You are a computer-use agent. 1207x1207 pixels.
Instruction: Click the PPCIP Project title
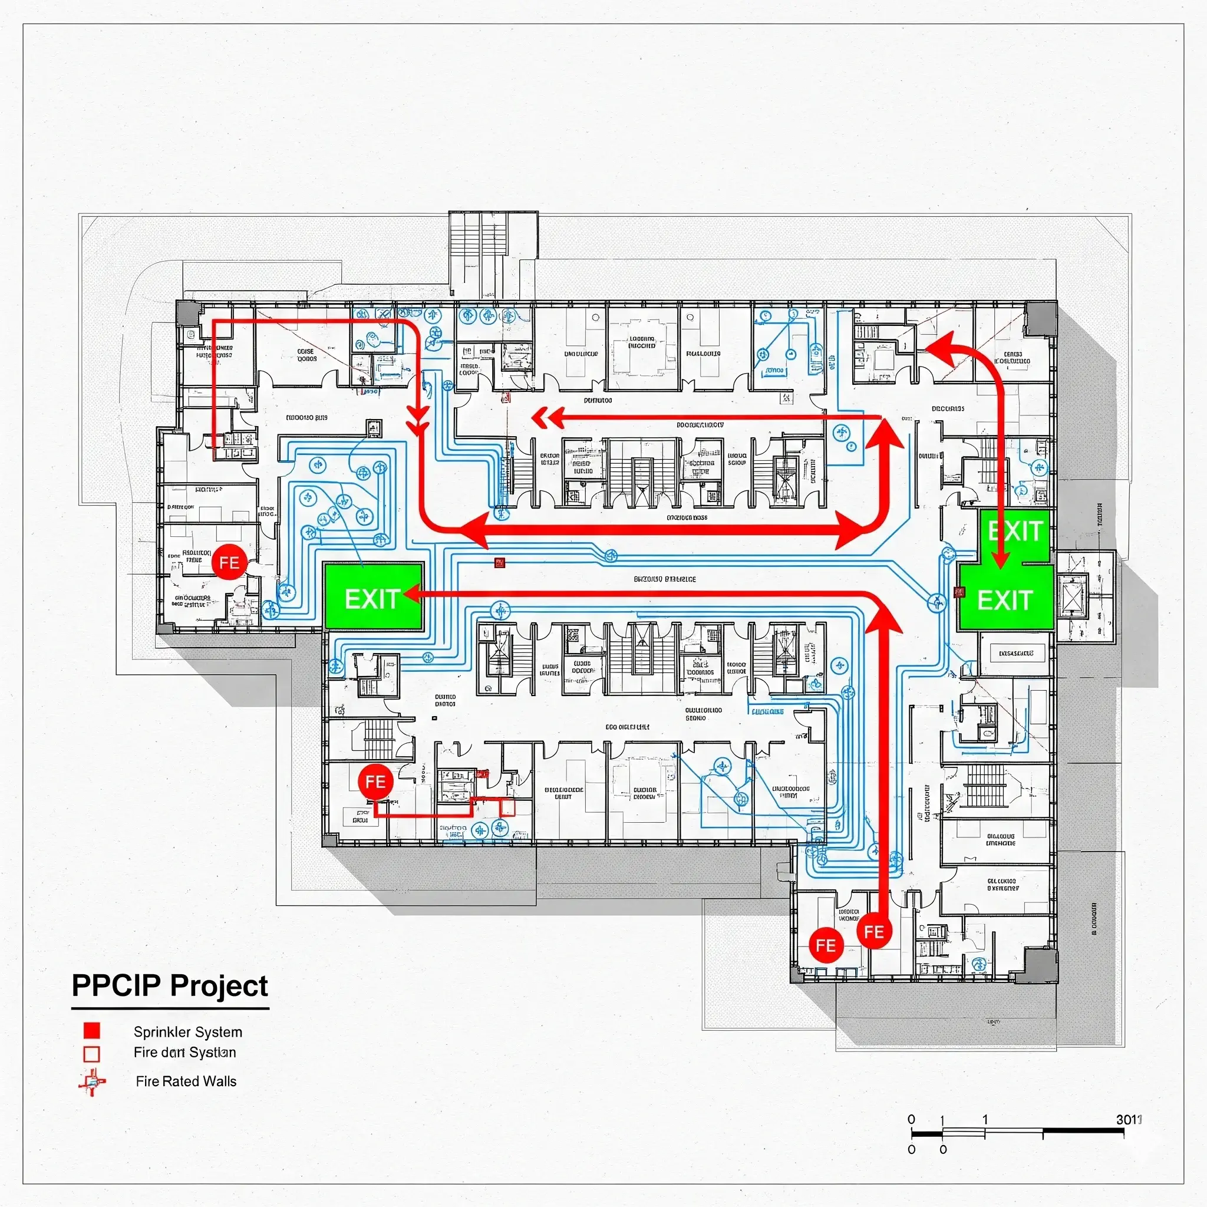click(x=169, y=986)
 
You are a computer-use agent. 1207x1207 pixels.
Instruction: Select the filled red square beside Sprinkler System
click(x=92, y=1031)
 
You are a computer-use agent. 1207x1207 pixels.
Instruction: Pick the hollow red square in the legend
click(x=92, y=1054)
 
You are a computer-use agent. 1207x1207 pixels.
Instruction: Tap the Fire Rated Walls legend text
click(x=186, y=1081)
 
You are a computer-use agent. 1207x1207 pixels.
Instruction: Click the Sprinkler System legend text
click(x=187, y=1032)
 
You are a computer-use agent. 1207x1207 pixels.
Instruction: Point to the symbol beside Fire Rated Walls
click(x=93, y=1081)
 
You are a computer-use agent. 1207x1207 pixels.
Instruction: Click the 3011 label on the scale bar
click(x=1128, y=1120)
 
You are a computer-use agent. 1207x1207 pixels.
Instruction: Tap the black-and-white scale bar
click(x=1017, y=1132)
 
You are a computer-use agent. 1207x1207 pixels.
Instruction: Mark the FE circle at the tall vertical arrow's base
click(x=873, y=932)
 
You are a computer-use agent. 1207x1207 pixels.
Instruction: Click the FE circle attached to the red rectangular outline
click(x=375, y=781)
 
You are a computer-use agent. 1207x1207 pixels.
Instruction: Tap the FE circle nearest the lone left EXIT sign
click(x=229, y=562)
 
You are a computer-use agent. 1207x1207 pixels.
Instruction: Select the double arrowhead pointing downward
click(x=417, y=420)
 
